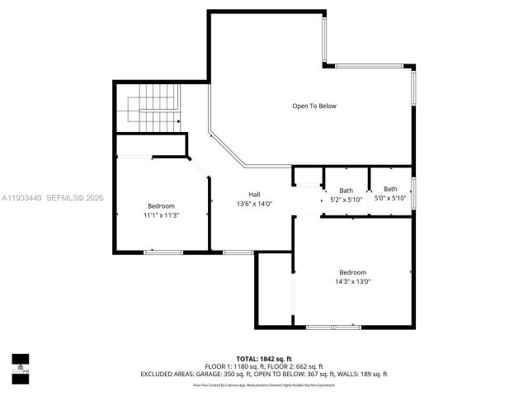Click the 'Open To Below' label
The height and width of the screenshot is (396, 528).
(x=314, y=106)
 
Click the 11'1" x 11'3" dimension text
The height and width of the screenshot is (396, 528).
(x=161, y=214)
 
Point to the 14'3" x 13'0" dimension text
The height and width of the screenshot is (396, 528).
(x=352, y=281)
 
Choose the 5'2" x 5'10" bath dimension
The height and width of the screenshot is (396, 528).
(x=345, y=198)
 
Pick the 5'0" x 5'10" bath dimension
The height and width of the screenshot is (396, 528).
(x=389, y=198)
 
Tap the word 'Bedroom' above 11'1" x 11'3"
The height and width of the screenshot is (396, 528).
(x=161, y=205)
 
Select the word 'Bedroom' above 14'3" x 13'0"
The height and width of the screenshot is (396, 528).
(x=352, y=272)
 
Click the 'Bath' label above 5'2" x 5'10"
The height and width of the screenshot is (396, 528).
(x=345, y=189)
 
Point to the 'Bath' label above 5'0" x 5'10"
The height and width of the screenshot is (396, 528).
(x=389, y=189)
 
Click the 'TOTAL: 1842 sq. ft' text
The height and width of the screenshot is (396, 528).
(x=263, y=359)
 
